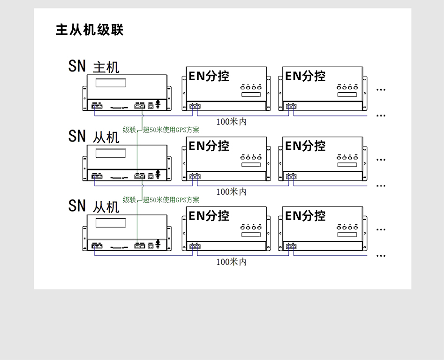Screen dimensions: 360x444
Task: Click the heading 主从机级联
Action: point(89,30)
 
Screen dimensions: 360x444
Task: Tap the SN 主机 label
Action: point(94,66)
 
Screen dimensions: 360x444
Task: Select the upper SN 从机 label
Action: point(94,136)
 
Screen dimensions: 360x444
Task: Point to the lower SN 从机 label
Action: point(94,206)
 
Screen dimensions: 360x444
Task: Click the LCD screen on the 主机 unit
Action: point(111,83)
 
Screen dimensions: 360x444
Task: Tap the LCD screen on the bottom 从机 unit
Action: point(111,223)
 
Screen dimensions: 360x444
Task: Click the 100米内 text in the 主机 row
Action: point(231,122)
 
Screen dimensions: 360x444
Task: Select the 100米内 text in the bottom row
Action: point(231,261)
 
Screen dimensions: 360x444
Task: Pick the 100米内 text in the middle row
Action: point(231,191)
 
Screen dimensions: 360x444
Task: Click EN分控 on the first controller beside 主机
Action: point(209,76)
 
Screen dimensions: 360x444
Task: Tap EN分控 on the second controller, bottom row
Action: point(305,215)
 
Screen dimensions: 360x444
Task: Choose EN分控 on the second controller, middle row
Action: point(305,146)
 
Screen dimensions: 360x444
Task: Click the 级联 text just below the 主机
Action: point(129,130)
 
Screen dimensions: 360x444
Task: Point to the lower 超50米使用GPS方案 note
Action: point(171,199)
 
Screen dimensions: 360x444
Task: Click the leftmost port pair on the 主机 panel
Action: point(97,106)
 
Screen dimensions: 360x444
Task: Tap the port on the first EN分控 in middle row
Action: point(195,176)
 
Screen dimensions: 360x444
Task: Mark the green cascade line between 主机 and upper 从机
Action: point(137,141)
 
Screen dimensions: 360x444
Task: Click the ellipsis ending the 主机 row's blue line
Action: point(381,115)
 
